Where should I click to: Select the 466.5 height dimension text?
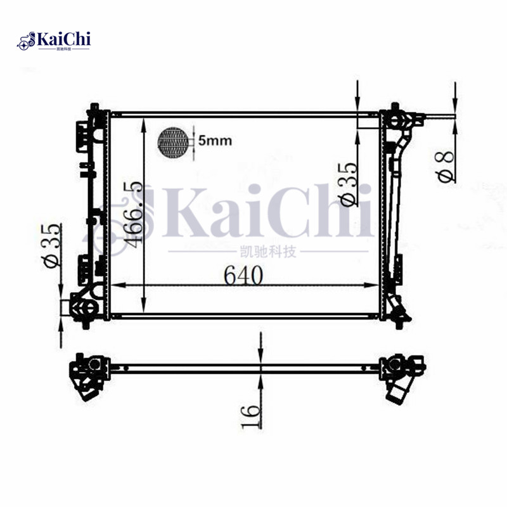[x=132, y=214]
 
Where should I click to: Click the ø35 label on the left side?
[x=53, y=246]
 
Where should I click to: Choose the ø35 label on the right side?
[x=349, y=184]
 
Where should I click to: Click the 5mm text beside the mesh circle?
[x=215, y=141]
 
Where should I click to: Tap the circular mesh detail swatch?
[x=174, y=141]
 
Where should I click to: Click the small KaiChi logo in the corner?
[x=55, y=41]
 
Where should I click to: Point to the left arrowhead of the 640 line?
[x=116, y=286]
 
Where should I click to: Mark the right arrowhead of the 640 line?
[x=375, y=286]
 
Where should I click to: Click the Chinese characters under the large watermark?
[x=271, y=252]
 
